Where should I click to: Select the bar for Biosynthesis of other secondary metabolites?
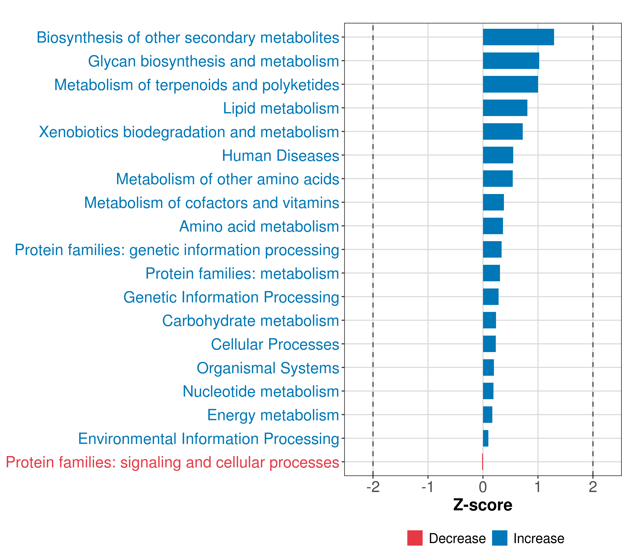pos(518,37)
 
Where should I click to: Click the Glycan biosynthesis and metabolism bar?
pos(511,61)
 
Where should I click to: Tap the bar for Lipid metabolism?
pos(505,108)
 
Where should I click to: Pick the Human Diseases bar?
pos(498,155)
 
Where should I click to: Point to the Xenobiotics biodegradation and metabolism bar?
pos(503,132)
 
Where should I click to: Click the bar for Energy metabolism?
pos(487,415)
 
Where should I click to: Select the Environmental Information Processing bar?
pos(486,438)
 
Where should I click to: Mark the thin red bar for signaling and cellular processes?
pos(483,462)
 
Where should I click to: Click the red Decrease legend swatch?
pos(415,538)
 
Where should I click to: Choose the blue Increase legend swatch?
pos(499,538)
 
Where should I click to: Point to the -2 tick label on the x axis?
pos(373,487)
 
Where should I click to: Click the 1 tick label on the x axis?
pos(538,487)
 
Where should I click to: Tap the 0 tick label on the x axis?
pos(483,487)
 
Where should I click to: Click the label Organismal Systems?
pos(268,368)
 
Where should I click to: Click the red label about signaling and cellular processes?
pos(172,462)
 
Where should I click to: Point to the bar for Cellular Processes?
pos(489,344)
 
